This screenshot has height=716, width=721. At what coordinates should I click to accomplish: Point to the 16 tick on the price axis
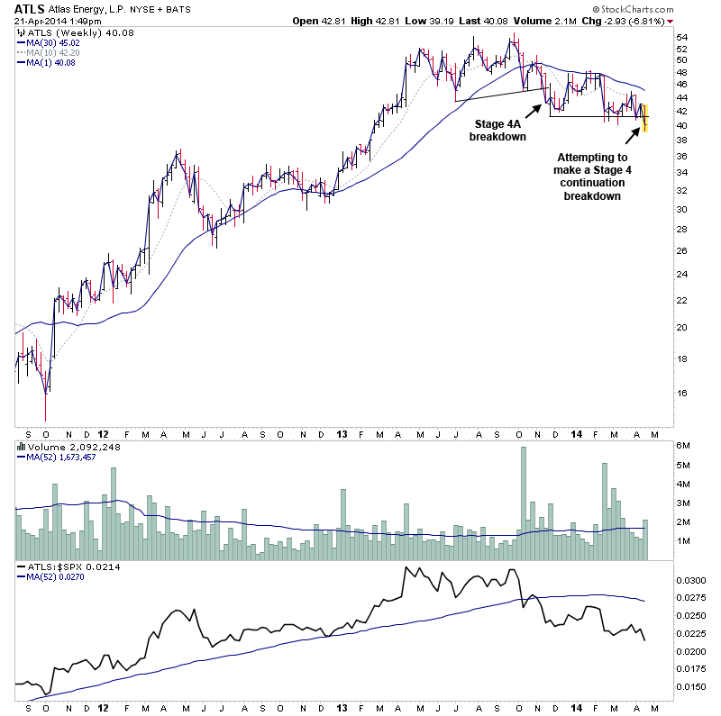point(682,393)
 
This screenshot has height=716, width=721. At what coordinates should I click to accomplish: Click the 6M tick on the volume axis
point(683,447)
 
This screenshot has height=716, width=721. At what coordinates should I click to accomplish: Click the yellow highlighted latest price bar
point(644,116)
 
